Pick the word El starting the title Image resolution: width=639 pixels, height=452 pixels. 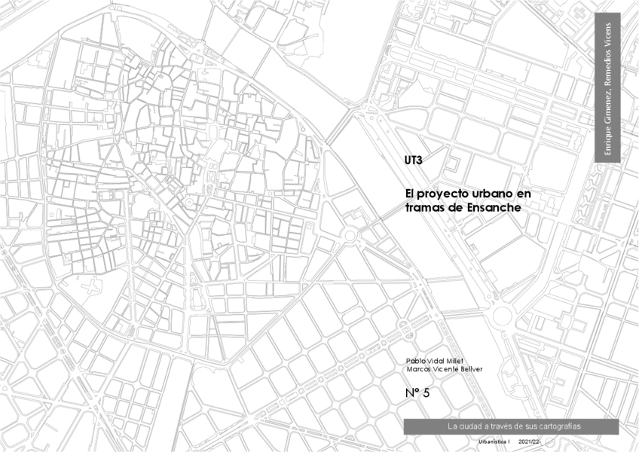coord(410,194)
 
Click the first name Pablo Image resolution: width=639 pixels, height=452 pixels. coord(415,360)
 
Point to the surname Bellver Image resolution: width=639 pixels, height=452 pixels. coord(486,368)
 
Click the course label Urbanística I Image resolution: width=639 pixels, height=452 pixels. coord(495,441)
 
